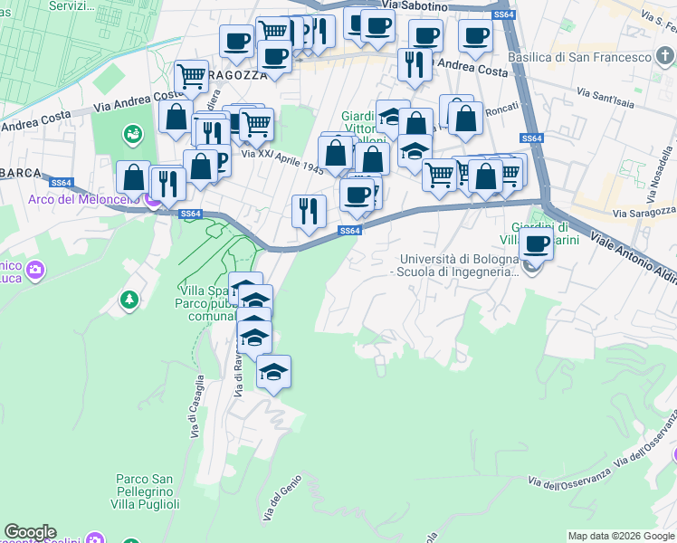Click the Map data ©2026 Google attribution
coord(620,536)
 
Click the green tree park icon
coord(129,299)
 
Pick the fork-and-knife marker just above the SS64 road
coord(309,211)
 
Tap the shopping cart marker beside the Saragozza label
coord(191,77)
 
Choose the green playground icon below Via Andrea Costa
coord(132,135)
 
